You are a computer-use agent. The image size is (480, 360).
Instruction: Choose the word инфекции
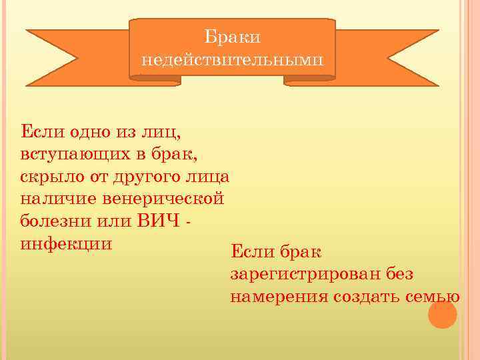click(x=66, y=242)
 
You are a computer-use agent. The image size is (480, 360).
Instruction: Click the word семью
click(x=433, y=297)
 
